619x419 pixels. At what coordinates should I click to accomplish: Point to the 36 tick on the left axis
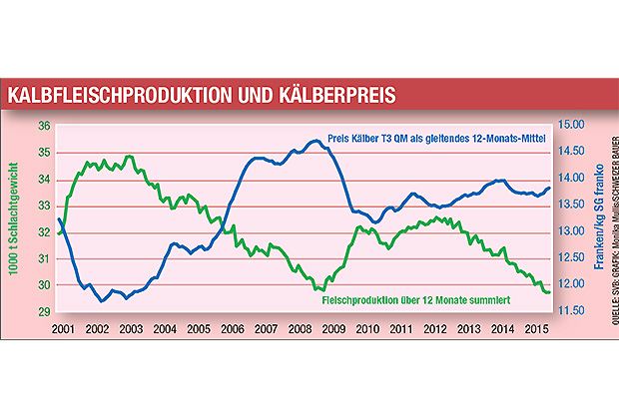pyautogui.click(x=43, y=126)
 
